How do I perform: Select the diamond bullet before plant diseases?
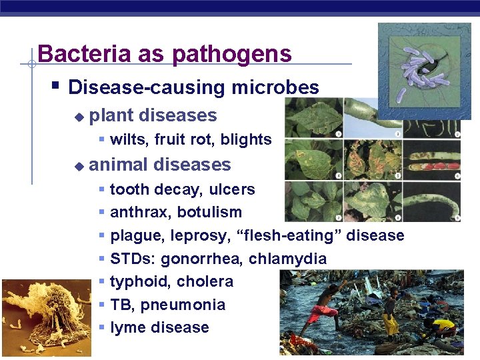click(79, 117)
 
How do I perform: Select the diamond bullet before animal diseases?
click(79, 166)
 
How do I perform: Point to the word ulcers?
click(232, 189)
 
